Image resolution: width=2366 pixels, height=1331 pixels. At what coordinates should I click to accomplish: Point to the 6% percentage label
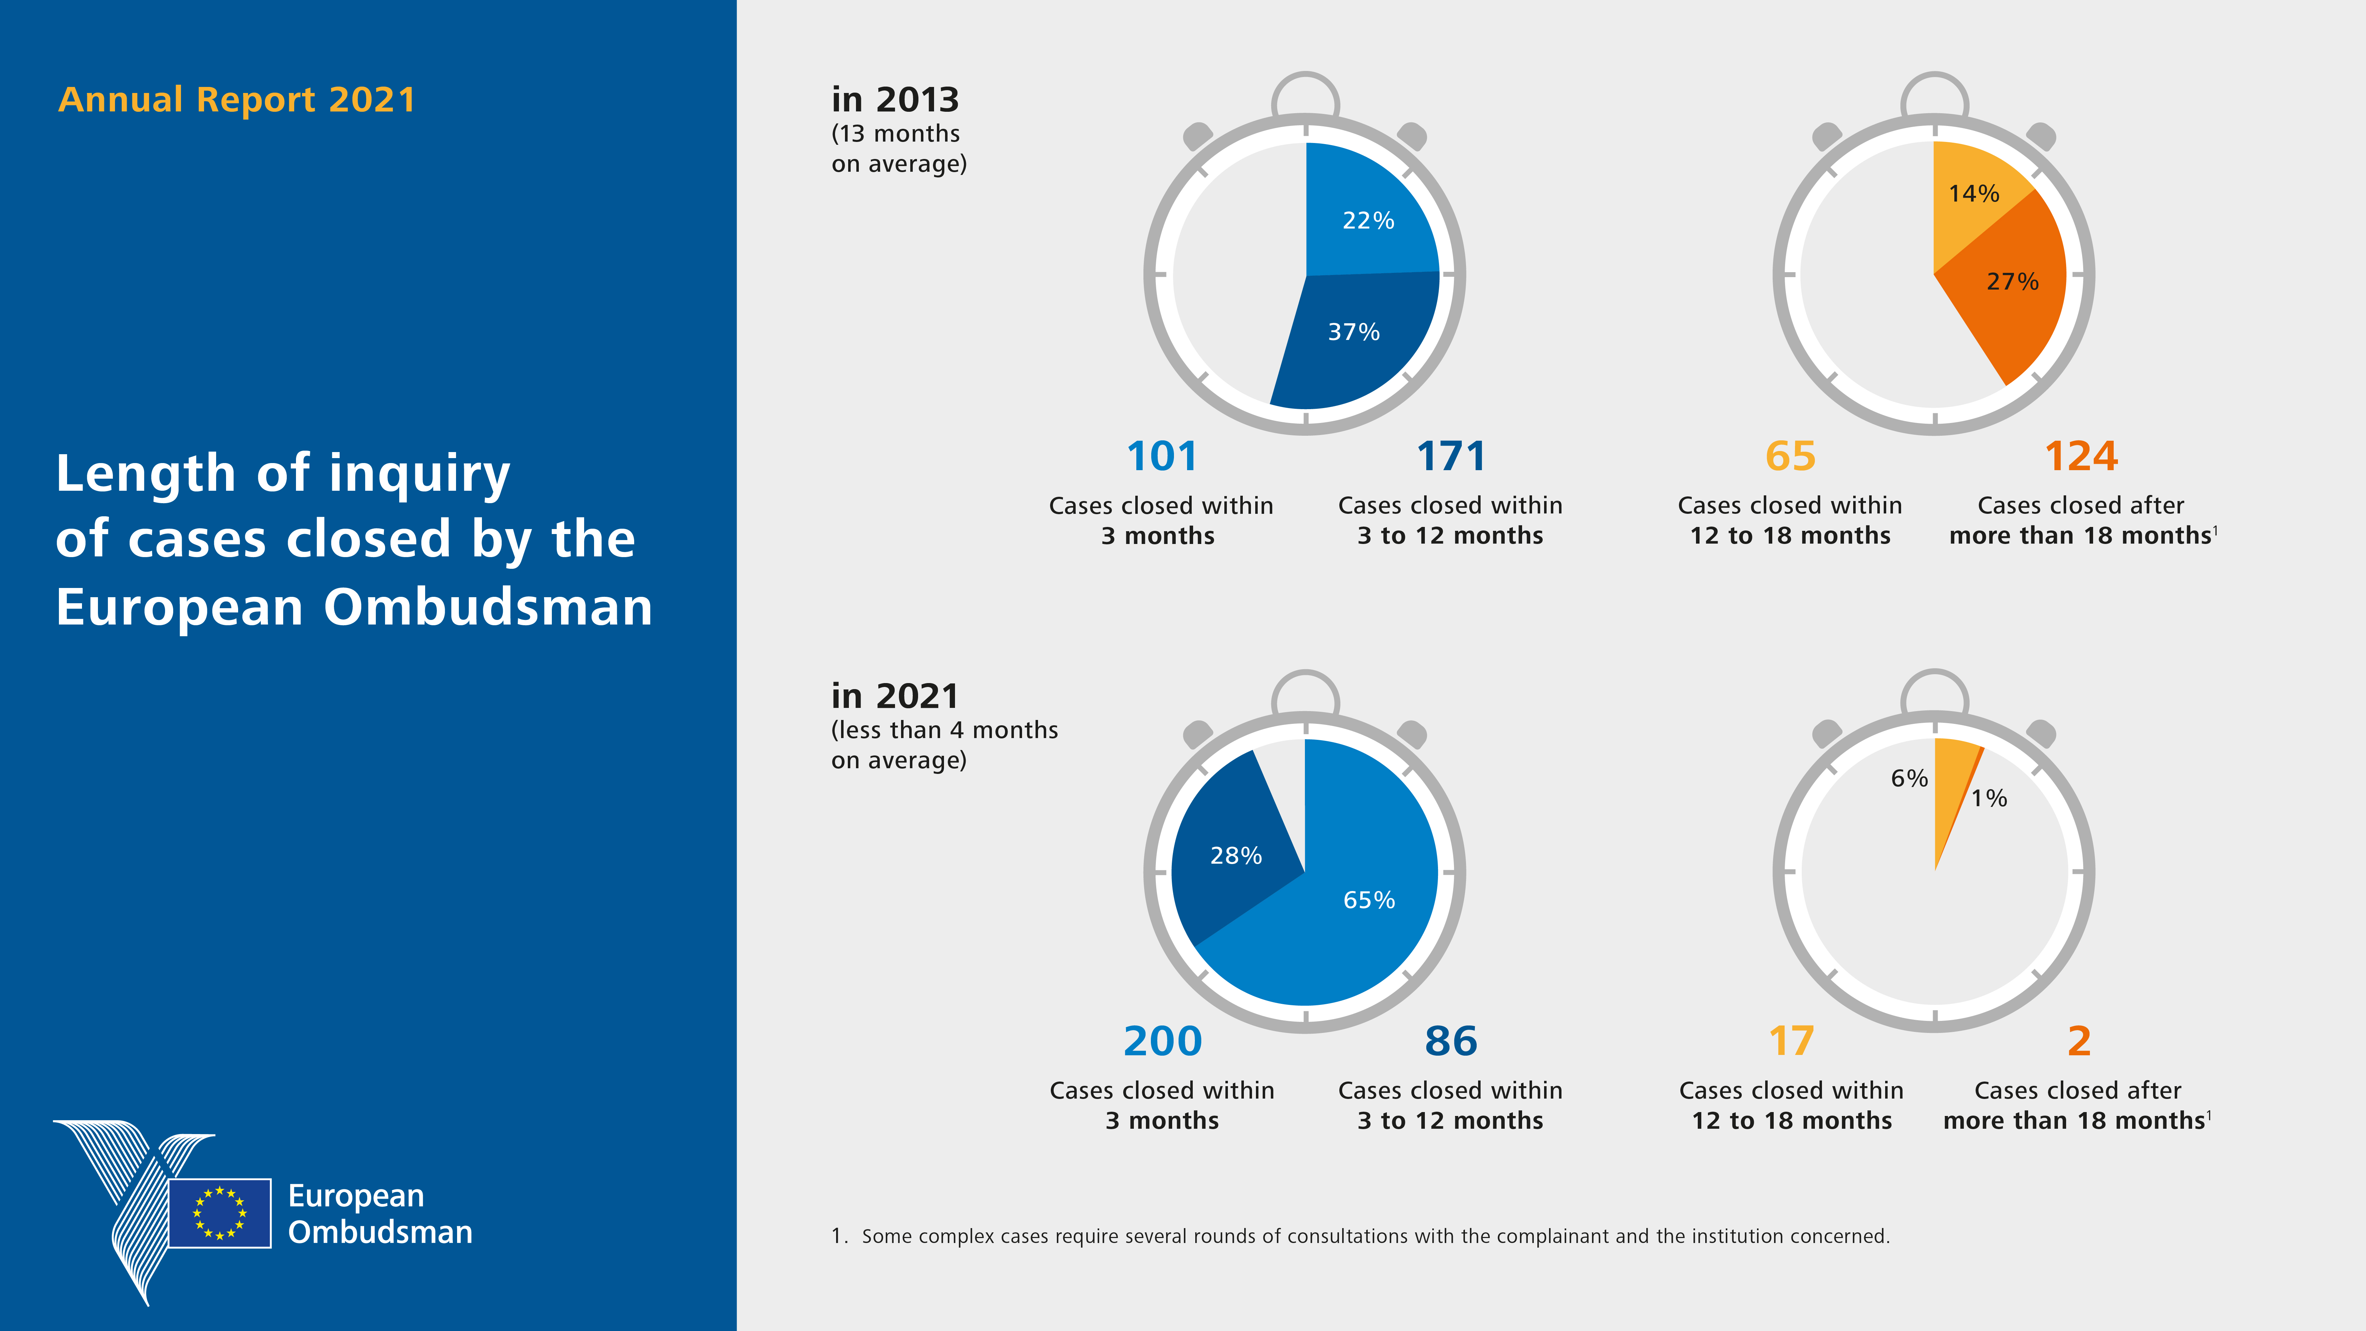tap(1909, 779)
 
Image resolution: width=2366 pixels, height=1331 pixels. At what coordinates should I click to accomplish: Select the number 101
tap(1162, 457)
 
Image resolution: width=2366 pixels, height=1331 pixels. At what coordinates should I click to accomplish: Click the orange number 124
tap(2080, 457)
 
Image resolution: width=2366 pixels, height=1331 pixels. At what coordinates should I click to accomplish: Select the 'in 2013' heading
tap(895, 99)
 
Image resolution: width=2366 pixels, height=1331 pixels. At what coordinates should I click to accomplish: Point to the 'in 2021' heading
tap(895, 696)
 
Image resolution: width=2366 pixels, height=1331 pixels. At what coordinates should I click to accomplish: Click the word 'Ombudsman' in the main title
tap(487, 607)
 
